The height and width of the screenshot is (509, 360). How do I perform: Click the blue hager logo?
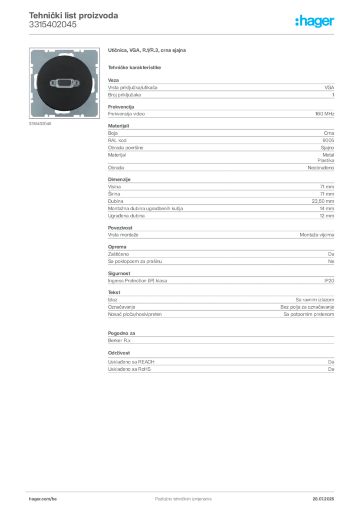click(x=315, y=21)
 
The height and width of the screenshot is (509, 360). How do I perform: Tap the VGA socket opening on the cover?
click(x=65, y=83)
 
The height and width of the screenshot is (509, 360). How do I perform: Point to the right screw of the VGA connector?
click(x=76, y=83)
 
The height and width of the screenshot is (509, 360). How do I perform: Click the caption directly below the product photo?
click(x=40, y=123)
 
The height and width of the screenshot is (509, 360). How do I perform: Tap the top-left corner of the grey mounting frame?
click(x=33, y=52)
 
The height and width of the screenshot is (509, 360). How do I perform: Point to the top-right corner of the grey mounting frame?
click(x=96, y=52)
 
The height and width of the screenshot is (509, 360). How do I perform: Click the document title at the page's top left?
click(x=73, y=16)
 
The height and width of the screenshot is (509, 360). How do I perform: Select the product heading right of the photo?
click(x=147, y=51)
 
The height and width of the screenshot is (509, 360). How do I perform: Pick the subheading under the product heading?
click(x=135, y=68)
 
